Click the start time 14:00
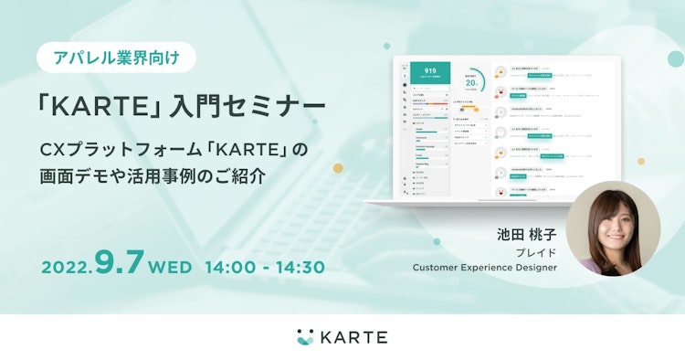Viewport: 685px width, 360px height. point(231,267)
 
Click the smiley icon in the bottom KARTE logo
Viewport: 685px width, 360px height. point(305,336)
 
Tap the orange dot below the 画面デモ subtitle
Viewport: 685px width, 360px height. point(338,168)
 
